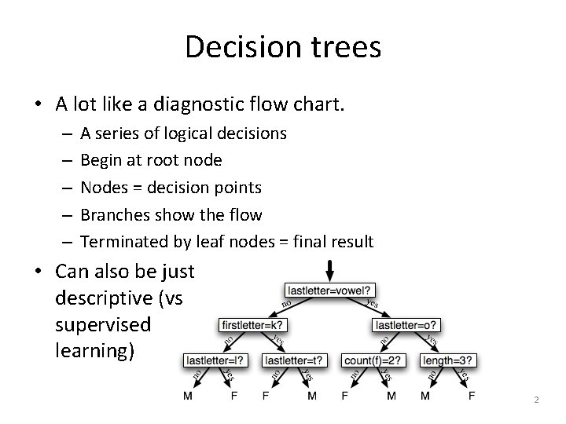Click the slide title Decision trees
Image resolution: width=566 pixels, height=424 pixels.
283,47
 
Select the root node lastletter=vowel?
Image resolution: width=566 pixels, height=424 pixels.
331,290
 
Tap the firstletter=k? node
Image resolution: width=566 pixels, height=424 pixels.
252,325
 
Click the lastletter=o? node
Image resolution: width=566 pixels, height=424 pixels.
406,325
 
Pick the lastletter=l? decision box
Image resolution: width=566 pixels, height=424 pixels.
215,360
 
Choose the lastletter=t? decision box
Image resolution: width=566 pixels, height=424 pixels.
292,360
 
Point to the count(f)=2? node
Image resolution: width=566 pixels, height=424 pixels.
373,360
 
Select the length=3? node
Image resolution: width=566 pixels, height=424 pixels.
449,360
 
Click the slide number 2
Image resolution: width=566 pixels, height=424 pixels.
536,400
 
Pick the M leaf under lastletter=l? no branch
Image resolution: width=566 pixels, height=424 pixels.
187,397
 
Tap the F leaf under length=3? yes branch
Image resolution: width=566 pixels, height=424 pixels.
472,397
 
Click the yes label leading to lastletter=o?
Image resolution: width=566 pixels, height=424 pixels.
373,302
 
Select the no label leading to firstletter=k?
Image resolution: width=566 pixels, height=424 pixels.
288,303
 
